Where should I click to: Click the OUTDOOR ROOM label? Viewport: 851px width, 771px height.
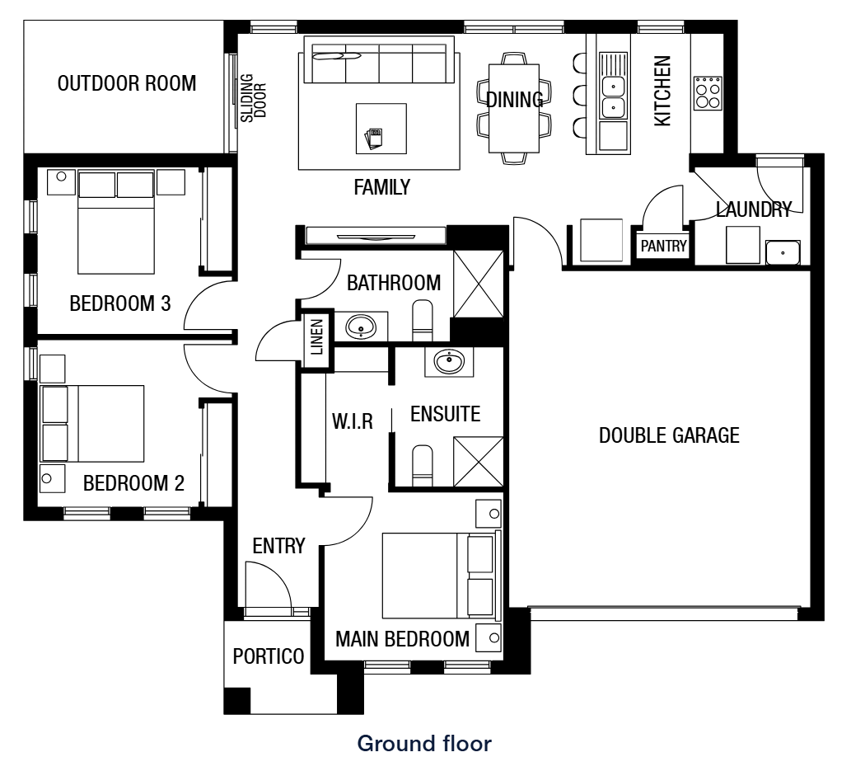(x=127, y=83)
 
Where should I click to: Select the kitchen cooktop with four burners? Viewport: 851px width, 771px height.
(x=707, y=93)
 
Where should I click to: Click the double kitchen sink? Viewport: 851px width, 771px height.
(x=612, y=96)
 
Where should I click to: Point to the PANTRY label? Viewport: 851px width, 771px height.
(x=663, y=245)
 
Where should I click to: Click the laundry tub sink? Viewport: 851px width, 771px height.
(x=782, y=252)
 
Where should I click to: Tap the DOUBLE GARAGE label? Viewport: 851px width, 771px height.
(x=669, y=435)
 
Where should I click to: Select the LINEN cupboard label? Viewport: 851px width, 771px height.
(x=317, y=336)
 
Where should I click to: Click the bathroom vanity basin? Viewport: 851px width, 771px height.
(x=360, y=327)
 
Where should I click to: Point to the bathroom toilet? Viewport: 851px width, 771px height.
(x=422, y=322)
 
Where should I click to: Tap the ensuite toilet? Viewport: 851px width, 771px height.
(x=422, y=465)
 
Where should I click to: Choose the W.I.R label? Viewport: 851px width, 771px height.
(x=353, y=422)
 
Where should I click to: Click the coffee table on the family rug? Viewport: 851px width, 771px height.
(x=381, y=129)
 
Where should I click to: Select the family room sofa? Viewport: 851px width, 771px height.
(x=379, y=60)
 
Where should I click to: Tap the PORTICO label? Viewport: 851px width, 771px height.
(x=269, y=656)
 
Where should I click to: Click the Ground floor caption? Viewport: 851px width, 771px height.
(x=424, y=744)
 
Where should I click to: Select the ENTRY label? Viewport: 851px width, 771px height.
(x=278, y=545)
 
